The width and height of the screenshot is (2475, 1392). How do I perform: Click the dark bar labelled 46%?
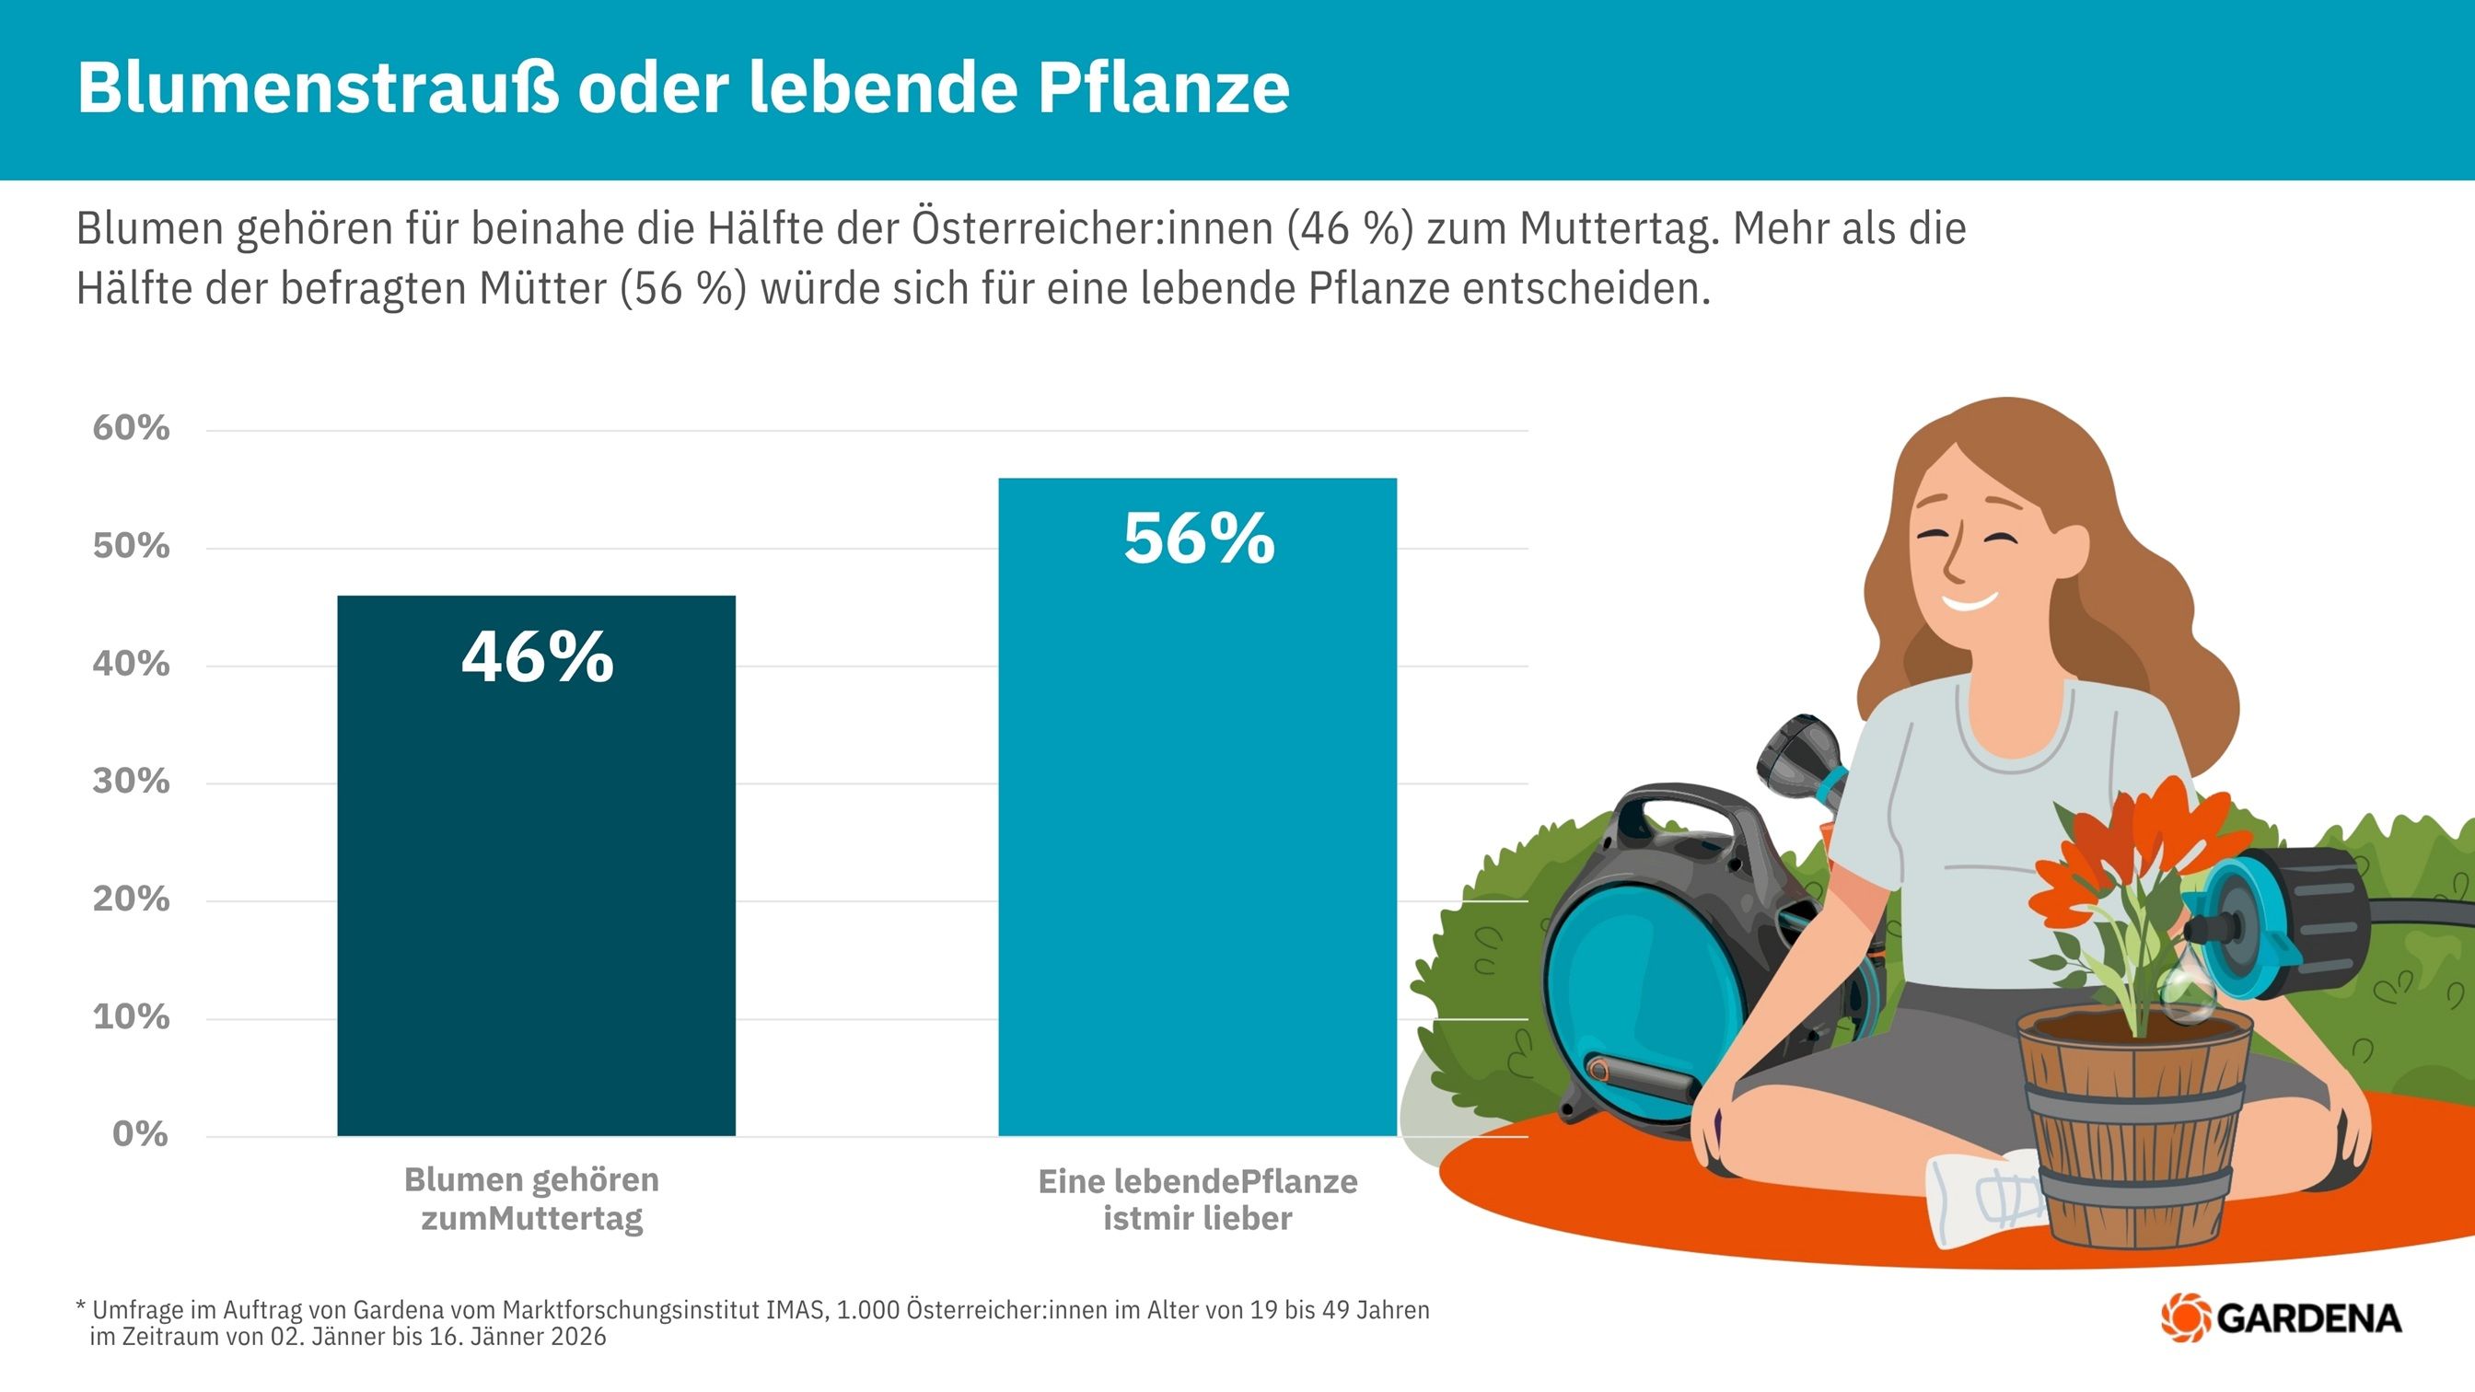point(536,864)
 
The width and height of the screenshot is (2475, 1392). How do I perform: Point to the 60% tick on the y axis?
point(131,428)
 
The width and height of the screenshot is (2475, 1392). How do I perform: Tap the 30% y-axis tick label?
point(131,782)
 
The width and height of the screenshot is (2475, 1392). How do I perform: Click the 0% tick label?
point(139,1134)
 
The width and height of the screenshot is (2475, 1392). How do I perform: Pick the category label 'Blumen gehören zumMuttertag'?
point(531,1199)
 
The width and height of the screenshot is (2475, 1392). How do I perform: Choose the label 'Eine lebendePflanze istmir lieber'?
point(1197,1200)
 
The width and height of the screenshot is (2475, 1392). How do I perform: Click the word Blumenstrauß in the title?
point(317,88)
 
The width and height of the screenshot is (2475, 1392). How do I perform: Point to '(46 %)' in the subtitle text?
point(1350,229)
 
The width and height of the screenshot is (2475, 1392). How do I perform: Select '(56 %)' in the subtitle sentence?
point(683,289)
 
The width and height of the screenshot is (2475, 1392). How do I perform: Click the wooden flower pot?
point(2135,1124)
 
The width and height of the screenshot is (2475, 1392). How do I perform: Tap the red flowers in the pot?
point(2133,845)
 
